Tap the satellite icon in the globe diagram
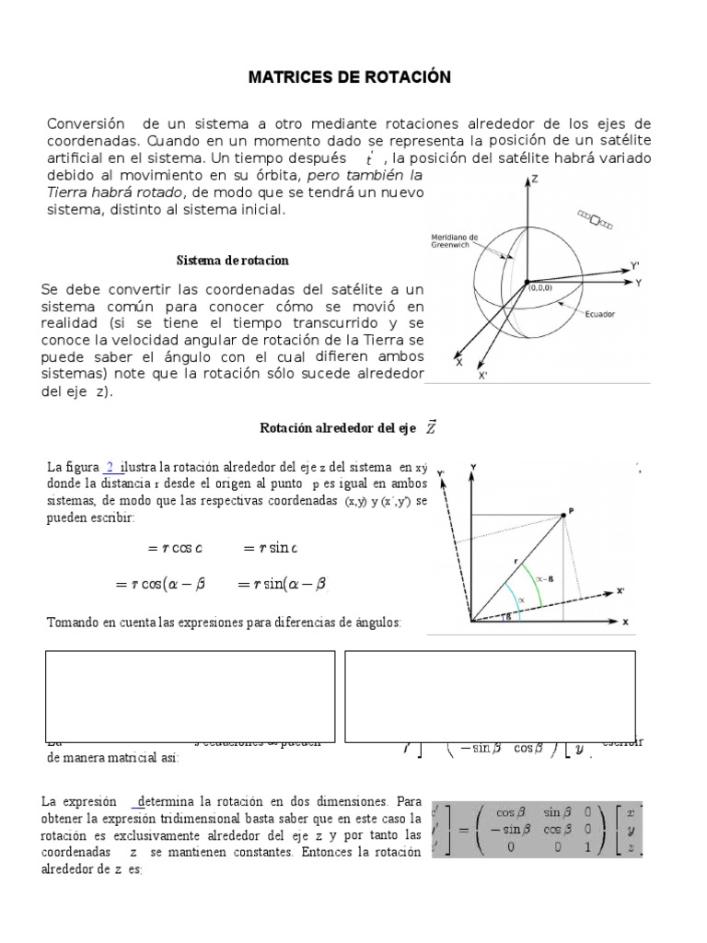[595, 219]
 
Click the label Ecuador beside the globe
[598, 314]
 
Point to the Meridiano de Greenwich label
[453, 240]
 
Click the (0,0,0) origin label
[541, 289]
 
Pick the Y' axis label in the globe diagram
[635, 265]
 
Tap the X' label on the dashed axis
[621, 589]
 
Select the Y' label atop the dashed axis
[441, 473]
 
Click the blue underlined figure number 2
[111, 467]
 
